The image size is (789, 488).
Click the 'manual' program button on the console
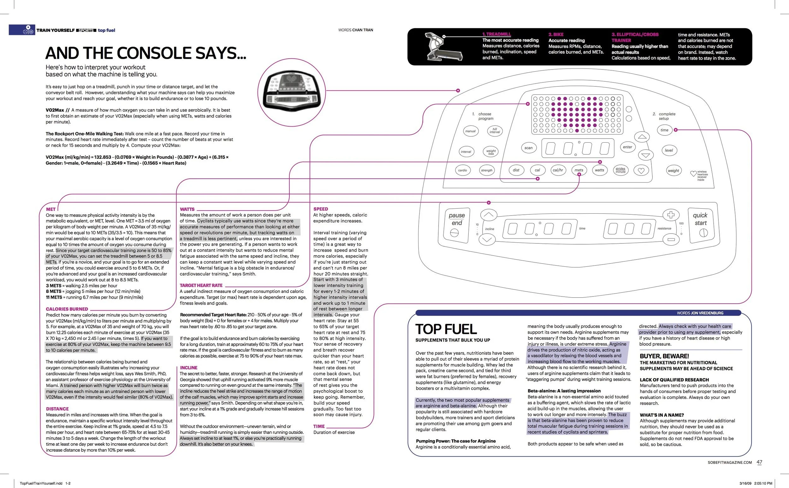click(x=470, y=131)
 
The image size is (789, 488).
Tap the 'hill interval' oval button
click(x=494, y=131)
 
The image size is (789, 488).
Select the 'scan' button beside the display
click(x=528, y=148)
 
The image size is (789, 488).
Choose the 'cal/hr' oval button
click(x=558, y=170)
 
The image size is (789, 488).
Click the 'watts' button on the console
click(x=599, y=170)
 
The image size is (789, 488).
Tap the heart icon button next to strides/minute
click(x=641, y=170)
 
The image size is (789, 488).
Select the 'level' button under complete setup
click(x=669, y=150)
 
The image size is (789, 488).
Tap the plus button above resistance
click(x=671, y=215)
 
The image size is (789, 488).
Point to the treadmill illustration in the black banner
click(x=442, y=46)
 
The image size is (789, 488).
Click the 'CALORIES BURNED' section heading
click(x=67, y=309)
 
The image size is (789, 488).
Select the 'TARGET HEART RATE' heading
click(x=201, y=285)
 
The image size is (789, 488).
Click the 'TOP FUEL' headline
click(x=446, y=329)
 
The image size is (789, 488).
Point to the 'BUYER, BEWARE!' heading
click(x=664, y=356)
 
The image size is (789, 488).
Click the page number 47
click(x=759, y=462)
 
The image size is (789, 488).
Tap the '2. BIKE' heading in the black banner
click(x=556, y=34)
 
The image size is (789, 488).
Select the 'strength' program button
click(x=486, y=170)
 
